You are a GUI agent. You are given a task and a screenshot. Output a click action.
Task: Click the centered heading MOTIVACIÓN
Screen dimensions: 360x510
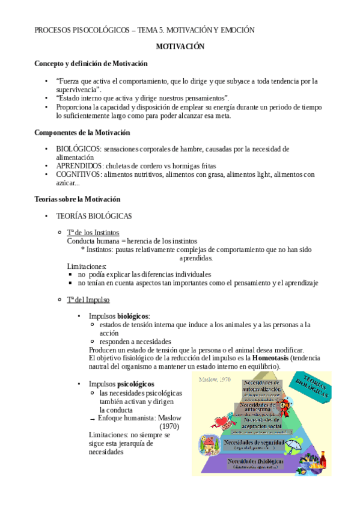[x=180, y=46]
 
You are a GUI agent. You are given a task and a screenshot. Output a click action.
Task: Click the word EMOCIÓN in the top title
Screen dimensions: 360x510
[x=234, y=29]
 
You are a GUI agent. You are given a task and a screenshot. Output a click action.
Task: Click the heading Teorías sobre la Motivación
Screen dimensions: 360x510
[x=78, y=199]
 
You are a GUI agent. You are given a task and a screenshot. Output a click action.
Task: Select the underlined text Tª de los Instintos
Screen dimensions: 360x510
[x=93, y=232]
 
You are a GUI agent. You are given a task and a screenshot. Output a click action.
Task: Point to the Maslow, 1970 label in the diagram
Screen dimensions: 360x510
[x=215, y=379]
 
